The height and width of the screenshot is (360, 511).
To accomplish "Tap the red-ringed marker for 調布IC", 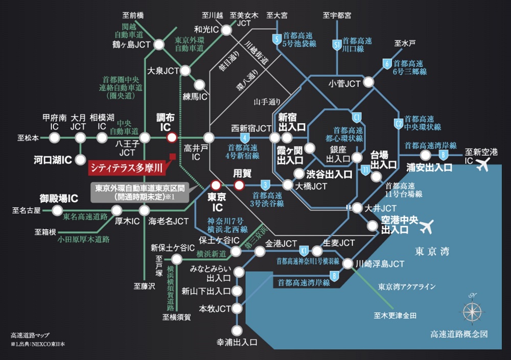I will coord(172,137).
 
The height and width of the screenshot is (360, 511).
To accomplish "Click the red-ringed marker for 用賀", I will coord(239,185).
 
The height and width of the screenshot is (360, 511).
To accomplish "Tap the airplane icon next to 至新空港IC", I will coord(482,164).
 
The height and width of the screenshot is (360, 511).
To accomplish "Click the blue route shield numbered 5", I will coord(276,38).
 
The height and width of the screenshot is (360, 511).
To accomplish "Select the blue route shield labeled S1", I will coord(337,45).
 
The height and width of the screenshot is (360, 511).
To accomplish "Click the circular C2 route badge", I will coord(399,123).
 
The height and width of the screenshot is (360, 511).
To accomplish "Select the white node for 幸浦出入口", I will coord(236,330).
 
